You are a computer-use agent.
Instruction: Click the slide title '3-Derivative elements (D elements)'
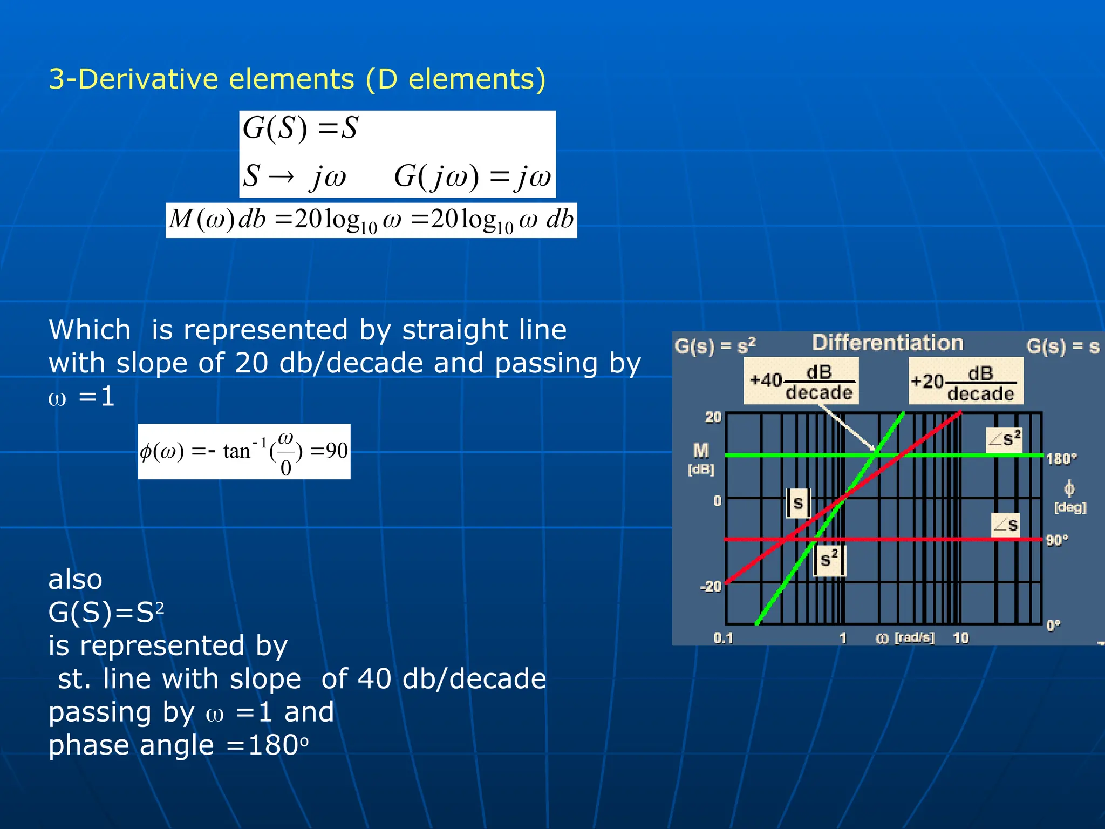pyautogui.click(x=297, y=79)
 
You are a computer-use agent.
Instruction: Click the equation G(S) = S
pyautogui.click(x=300, y=128)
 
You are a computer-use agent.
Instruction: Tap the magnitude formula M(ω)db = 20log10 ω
pyautogui.click(x=371, y=220)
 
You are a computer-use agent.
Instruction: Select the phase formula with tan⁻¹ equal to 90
pyautogui.click(x=244, y=452)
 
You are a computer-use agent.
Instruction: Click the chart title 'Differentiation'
pyautogui.click(x=888, y=343)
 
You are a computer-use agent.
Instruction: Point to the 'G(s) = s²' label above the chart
pyautogui.click(x=715, y=346)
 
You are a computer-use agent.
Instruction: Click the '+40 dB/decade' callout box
pyautogui.click(x=801, y=381)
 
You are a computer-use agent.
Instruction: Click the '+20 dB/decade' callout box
pyautogui.click(x=965, y=381)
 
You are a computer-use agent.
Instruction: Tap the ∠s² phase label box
pyautogui.click(x=1004, y=439)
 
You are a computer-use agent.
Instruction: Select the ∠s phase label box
pyautogui.click(x=1006, y=525)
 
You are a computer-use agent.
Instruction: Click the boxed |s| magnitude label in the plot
pyautogui.click(x=798, y=503)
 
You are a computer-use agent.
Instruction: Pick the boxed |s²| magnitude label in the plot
pyautogui.click(x=829, y=560)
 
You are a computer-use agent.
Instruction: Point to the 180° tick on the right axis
pyautogui.click(x=1061, y=459)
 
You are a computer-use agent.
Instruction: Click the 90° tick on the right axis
pyautogui.click(x=1057, y=540)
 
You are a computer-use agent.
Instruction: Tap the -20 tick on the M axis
pyautogui.click(x=711, y=587)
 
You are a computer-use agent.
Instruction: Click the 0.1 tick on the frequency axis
pyautogui.click(x=723, y=638)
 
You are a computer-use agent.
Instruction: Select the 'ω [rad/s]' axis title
pyautogui.click(x=905, y=638)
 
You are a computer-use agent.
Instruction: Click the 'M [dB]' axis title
pyautogui.click(x=701, y=458)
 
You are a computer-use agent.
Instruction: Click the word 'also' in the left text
pyautogui.click(x=75, y=580)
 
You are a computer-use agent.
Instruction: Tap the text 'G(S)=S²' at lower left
pyautogui.click(x=106, y=613)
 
